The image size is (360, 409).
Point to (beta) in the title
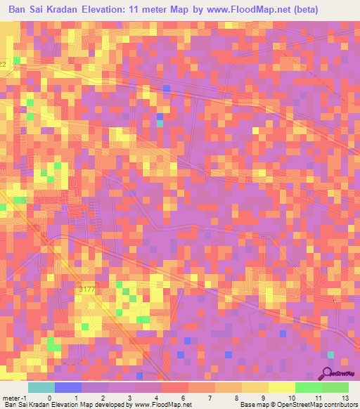point(311,11)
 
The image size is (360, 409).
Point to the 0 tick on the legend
point(49,398)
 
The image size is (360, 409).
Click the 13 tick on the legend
point(345,398)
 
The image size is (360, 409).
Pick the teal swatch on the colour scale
point(41,387)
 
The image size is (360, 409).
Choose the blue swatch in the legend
point(68,387)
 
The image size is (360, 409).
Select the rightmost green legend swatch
point(335,387)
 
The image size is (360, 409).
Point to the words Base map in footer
point(252,405)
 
